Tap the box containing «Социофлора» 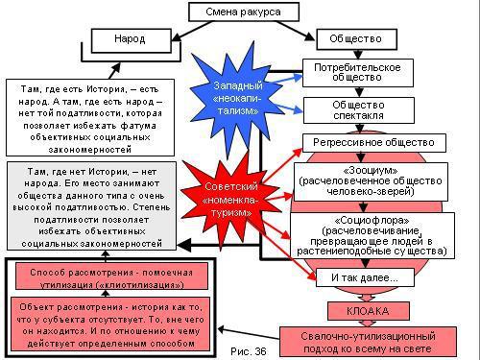(370, 234)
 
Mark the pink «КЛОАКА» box (355, 311)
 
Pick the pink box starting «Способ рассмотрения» (104, 278)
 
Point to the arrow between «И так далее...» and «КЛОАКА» (356, 295)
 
